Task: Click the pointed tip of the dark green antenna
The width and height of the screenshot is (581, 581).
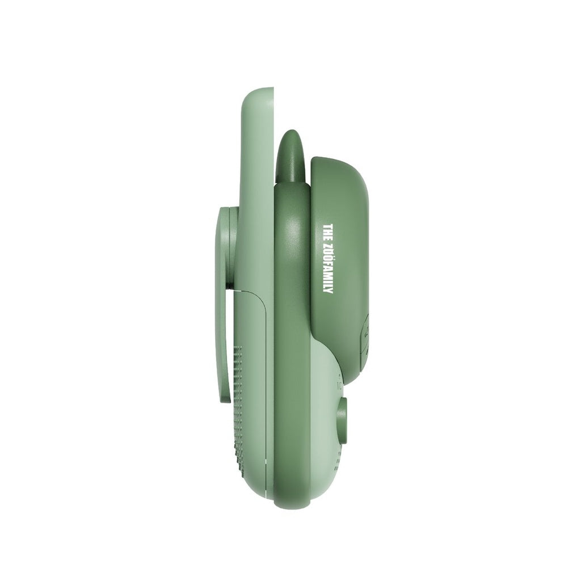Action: pos(290,132)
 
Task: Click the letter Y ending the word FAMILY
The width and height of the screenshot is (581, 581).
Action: pos(327,290)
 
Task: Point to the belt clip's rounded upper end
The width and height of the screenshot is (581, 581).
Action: pos(224,211)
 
